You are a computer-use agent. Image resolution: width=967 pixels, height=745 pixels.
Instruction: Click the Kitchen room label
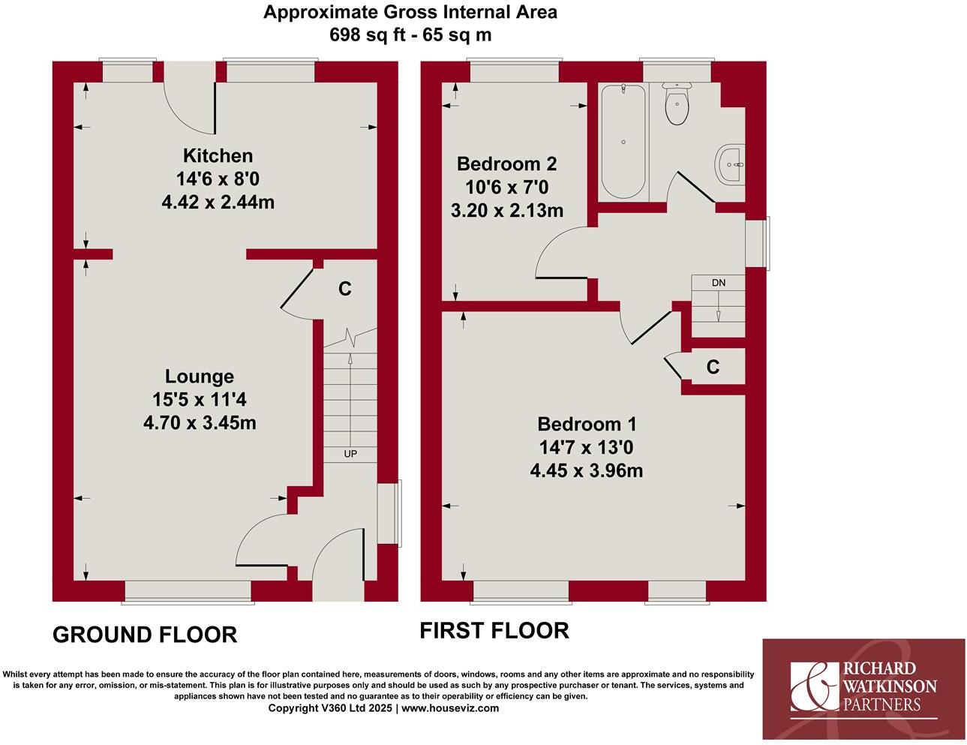(218, 156)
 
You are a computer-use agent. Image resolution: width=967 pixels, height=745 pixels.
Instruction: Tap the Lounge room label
(200, 377)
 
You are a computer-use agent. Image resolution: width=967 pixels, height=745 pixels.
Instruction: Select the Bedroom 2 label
(506, 164)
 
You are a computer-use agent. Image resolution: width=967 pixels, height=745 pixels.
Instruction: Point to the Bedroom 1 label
(587, 424)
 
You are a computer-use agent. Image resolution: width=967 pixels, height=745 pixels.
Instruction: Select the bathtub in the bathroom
(622, 140)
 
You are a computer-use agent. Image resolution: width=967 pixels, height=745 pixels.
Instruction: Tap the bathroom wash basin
(731, 164)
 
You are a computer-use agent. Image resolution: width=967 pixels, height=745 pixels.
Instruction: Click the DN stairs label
(719, 283)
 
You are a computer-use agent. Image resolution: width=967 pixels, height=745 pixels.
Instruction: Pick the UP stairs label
(350, 454)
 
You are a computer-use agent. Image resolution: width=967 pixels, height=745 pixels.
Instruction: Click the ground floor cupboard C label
(345, 289)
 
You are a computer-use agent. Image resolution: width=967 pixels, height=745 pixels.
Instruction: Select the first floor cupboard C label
(713, 367)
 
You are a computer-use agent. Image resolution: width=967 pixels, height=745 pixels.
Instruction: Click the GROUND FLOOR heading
(145, 635)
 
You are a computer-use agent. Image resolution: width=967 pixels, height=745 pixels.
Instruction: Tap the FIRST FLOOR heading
(494, 630)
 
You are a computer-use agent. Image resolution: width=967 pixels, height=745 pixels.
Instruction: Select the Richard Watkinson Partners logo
(863, 688)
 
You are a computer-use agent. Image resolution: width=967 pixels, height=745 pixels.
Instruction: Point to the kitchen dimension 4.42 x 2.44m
(218, 202)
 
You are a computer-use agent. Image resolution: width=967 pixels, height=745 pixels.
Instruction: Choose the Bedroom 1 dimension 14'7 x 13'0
(587, 448)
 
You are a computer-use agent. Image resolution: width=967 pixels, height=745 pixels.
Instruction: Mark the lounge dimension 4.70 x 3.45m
(200, 423)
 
